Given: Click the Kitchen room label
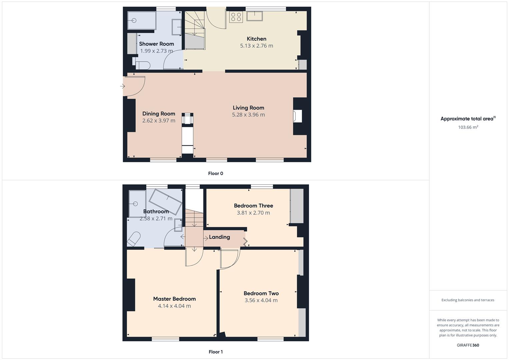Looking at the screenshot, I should tap(256, 39).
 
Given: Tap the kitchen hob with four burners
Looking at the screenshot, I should tap(236, 17).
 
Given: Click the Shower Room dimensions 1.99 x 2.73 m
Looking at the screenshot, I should tap(156, 51).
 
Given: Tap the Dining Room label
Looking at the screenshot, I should tap(159, 114).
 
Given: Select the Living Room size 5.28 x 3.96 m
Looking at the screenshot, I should tap(248, 115).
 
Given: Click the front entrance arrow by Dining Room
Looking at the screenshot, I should tap(122, 86).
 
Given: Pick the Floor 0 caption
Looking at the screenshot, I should tap(215, 173).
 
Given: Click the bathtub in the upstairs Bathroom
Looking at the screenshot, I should tap(165, 201).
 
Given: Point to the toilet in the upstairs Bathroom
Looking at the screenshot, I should tap(133, 239).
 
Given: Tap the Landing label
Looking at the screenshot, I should tap(219, 237).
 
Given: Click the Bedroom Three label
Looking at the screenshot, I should tap(253, 206).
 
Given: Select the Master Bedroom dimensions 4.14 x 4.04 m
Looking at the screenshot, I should tap(174, 306).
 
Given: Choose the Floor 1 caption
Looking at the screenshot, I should tap(215, 352).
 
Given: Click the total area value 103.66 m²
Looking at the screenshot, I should tap(468, 127).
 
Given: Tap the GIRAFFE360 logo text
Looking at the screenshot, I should tap(468, 345).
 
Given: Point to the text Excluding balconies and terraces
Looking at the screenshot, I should tap(468, 300).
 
